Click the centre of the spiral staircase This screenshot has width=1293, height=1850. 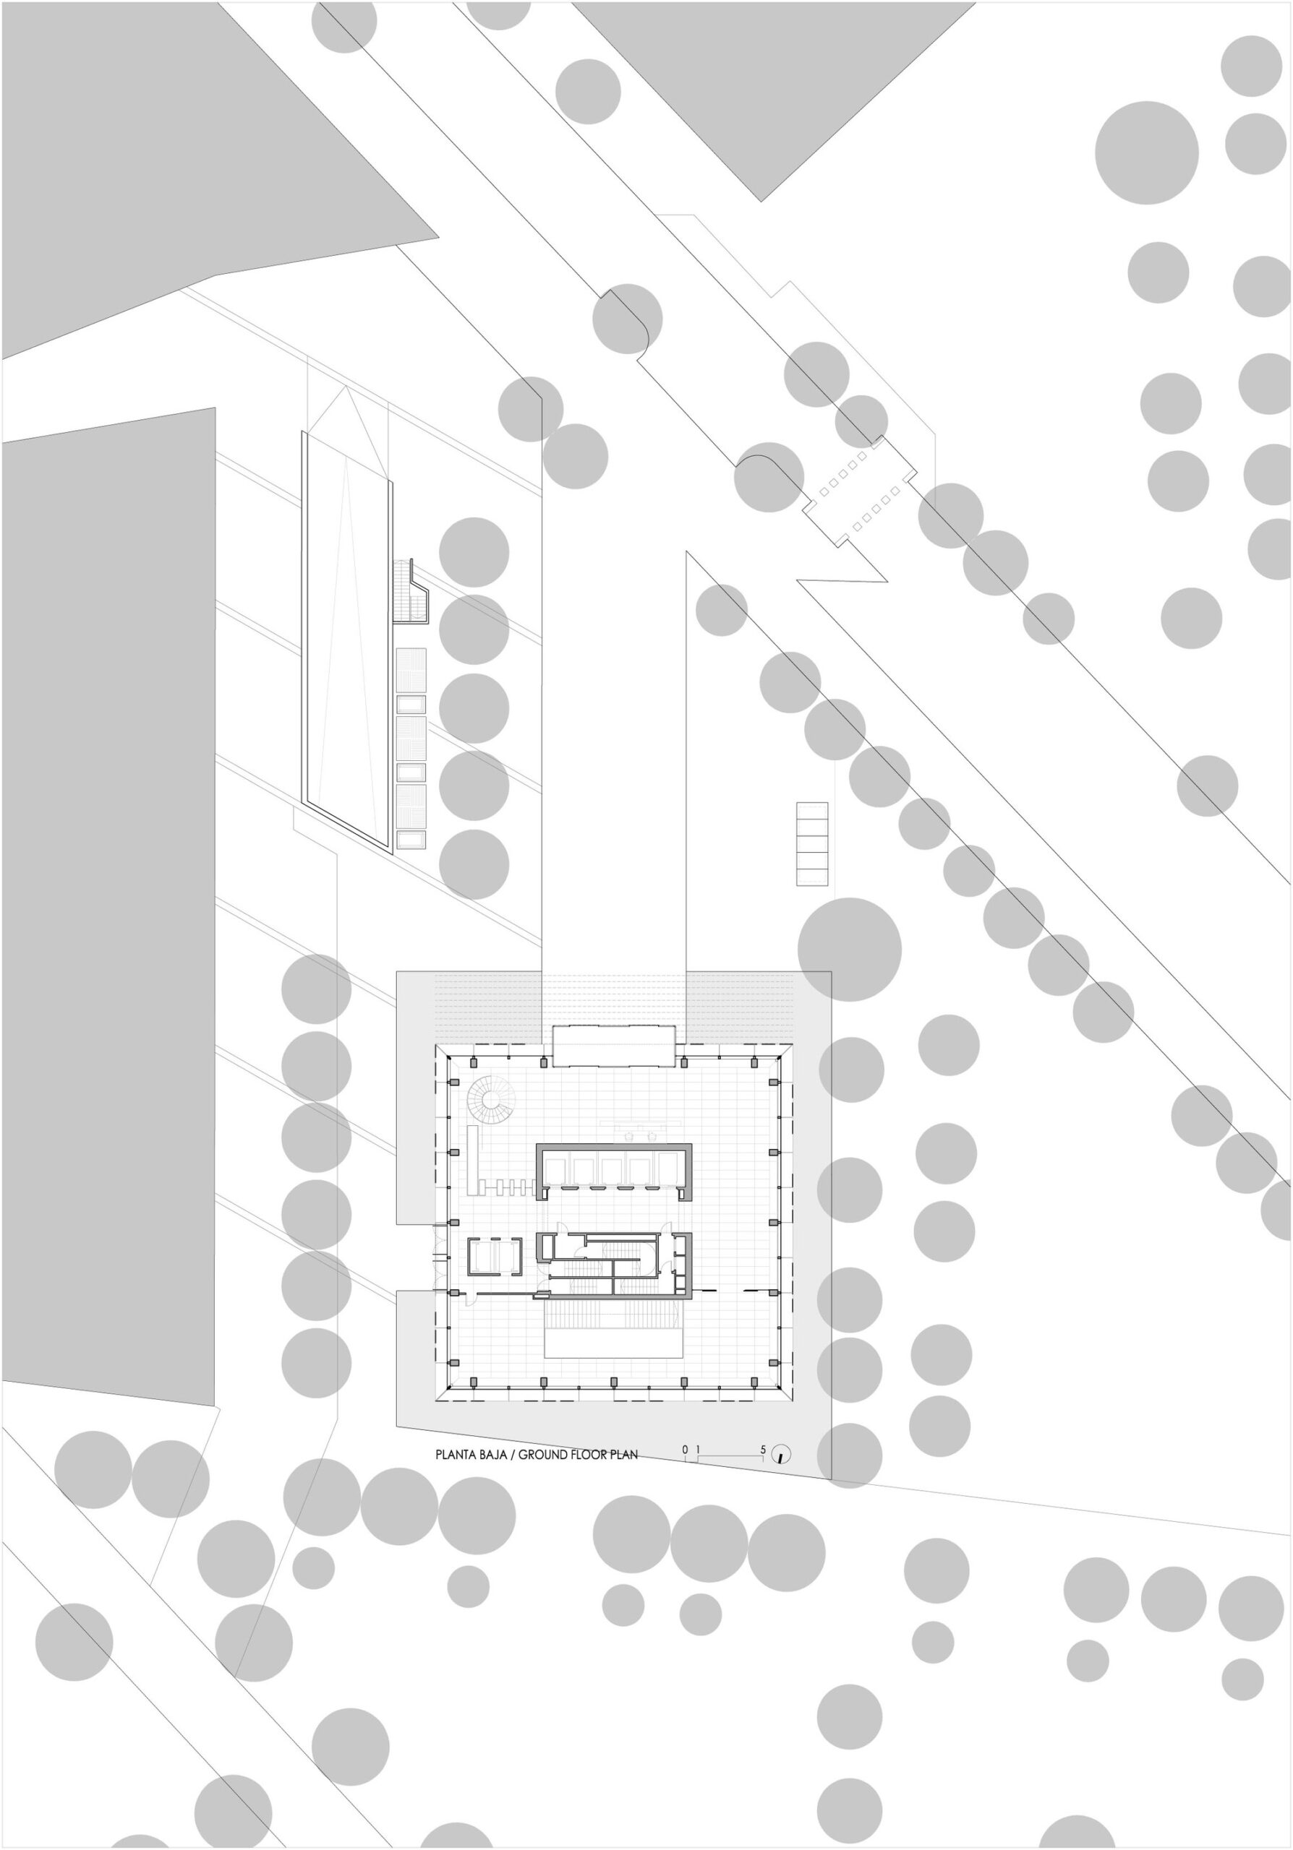492,1098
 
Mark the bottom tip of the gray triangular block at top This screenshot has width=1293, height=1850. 761,202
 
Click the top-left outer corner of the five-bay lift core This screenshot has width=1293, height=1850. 538,1145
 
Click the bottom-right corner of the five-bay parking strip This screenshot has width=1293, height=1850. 828,886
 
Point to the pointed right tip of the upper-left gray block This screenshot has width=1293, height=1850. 440,238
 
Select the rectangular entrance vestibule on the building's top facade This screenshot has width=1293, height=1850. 613,1045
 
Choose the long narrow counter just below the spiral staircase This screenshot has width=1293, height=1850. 473,1161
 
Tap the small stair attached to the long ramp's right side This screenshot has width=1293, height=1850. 412,590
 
